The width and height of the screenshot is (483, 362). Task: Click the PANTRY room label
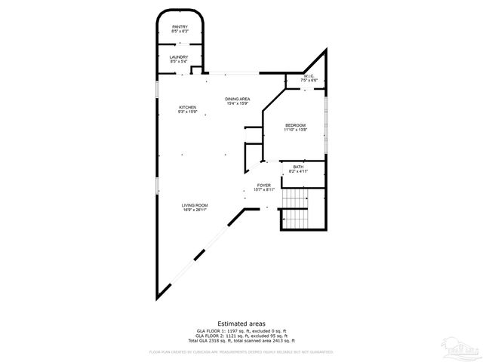(x=179, y=27)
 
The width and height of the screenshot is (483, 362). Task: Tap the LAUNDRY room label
(x=179, y=57)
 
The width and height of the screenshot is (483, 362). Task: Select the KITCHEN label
(x=187, y=108)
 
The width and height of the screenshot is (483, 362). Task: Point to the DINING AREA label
(x=238, y=99)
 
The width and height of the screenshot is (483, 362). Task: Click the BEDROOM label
(x=295, y=125)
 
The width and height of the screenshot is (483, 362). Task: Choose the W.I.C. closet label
(x=308, y=75)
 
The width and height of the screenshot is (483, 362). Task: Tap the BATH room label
(x=298, y=167)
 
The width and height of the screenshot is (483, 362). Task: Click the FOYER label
(x=263, y=185)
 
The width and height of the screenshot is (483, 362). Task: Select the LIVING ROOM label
(x=194, y=206)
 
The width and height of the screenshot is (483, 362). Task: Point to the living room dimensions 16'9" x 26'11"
(x=194, y=210)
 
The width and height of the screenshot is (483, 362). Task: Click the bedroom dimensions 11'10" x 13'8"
(x=295, y=130)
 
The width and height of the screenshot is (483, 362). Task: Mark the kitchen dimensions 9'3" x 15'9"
(x=187, y=112)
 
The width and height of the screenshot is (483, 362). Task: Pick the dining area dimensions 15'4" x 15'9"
(x=238, y=103)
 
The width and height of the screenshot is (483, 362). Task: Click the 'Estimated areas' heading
(x=241, y=323)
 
